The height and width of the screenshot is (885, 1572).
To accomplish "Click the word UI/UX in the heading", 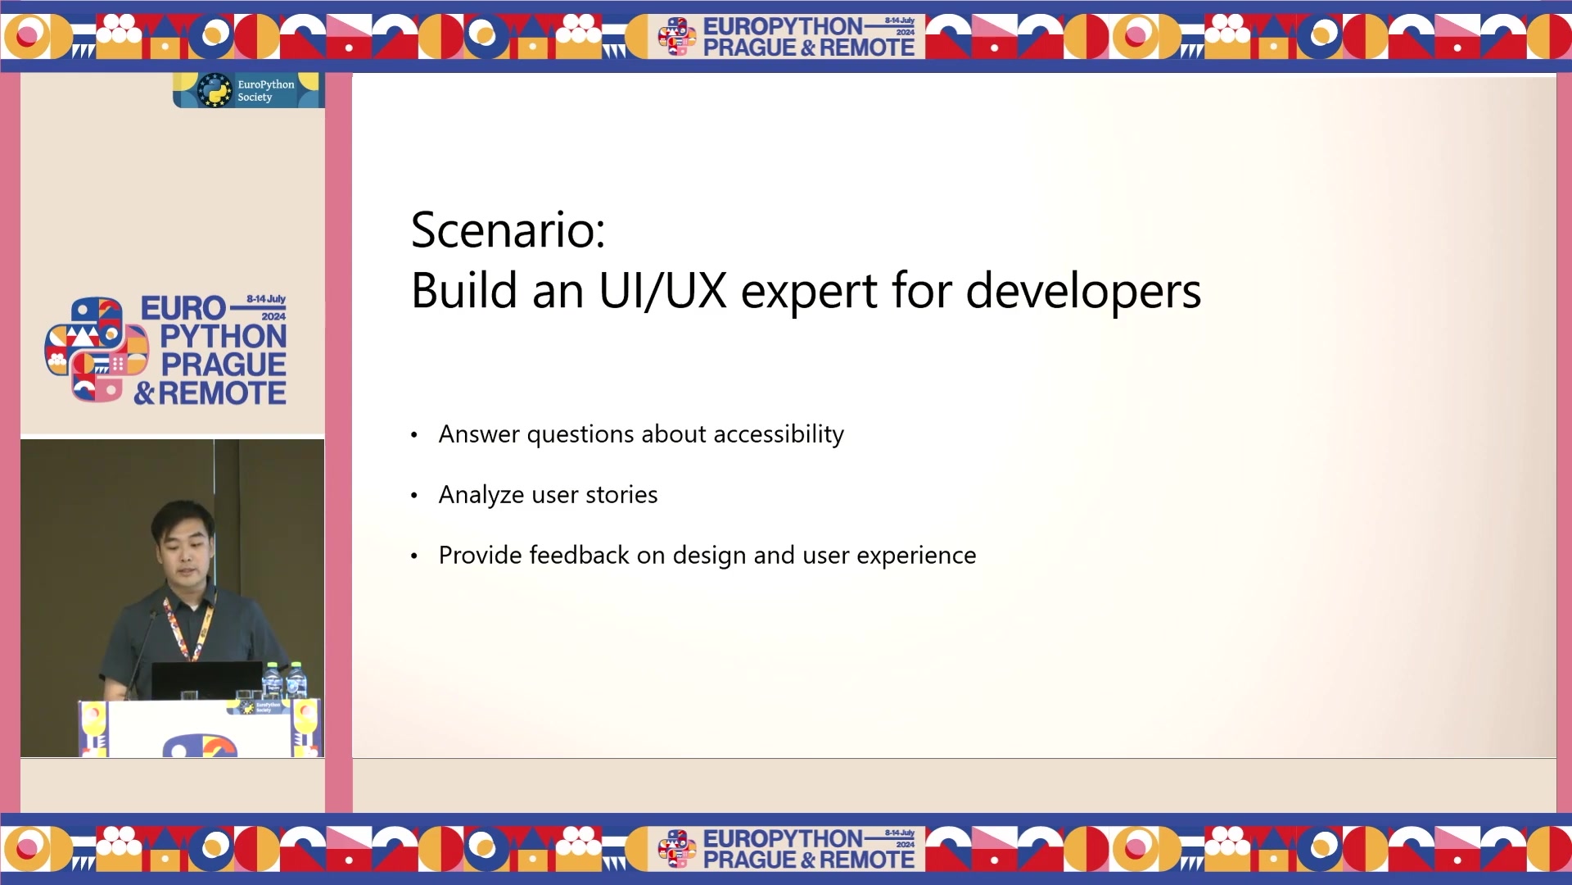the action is click(663, 291).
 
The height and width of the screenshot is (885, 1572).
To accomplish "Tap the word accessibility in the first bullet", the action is click(779, 434).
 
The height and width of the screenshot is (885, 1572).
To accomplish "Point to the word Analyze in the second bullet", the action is click(481, 496).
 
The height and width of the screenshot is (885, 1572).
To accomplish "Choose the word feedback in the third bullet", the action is click(597, 556).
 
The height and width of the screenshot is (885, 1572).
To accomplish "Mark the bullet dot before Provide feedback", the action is click(414, 556).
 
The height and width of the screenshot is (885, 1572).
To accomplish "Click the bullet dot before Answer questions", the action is click(414, 435).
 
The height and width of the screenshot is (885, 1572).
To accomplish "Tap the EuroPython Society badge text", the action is click(265, 90).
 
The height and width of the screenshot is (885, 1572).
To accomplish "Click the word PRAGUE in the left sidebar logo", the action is click(224, 365).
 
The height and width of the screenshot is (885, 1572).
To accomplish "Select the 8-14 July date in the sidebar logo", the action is click(266, 299).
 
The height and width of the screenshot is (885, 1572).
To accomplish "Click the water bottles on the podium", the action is click(284, 680).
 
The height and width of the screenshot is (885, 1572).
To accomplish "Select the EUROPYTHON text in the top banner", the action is click(783, 26).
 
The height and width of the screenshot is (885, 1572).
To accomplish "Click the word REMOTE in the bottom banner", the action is click(867, 860).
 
